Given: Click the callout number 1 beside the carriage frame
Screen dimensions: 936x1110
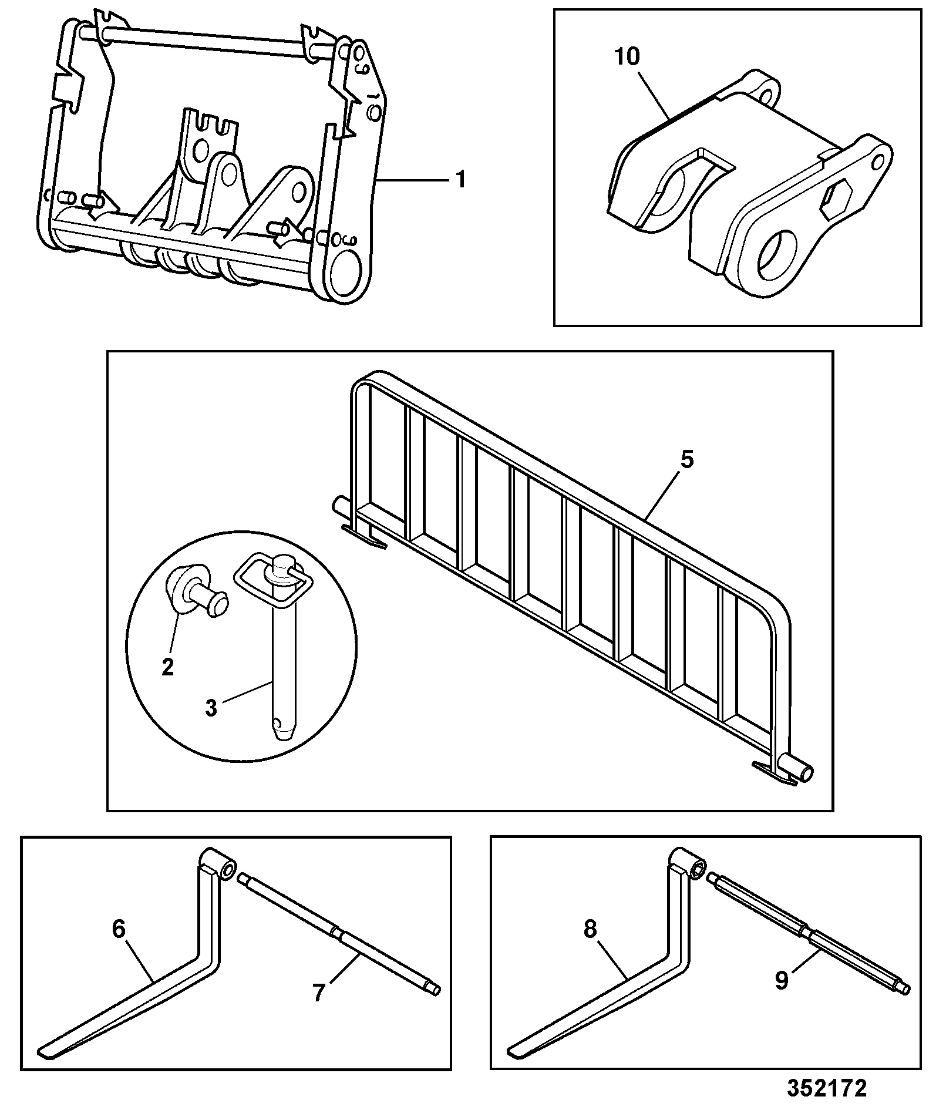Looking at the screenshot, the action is click(462, 179).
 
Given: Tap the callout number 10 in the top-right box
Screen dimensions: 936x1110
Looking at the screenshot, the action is click(627, 57).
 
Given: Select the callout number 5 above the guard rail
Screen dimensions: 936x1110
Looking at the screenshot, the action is click(686, 459).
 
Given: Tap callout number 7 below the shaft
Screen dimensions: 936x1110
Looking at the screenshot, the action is click(319, 993).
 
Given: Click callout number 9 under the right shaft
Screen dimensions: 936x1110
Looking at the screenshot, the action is click(781, 981).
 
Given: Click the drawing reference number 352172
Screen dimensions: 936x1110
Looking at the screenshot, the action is click(827, 1089).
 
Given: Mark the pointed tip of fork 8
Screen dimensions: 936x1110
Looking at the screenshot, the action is click(513, 1052).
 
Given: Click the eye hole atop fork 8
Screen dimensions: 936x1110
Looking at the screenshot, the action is click(698, 870).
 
